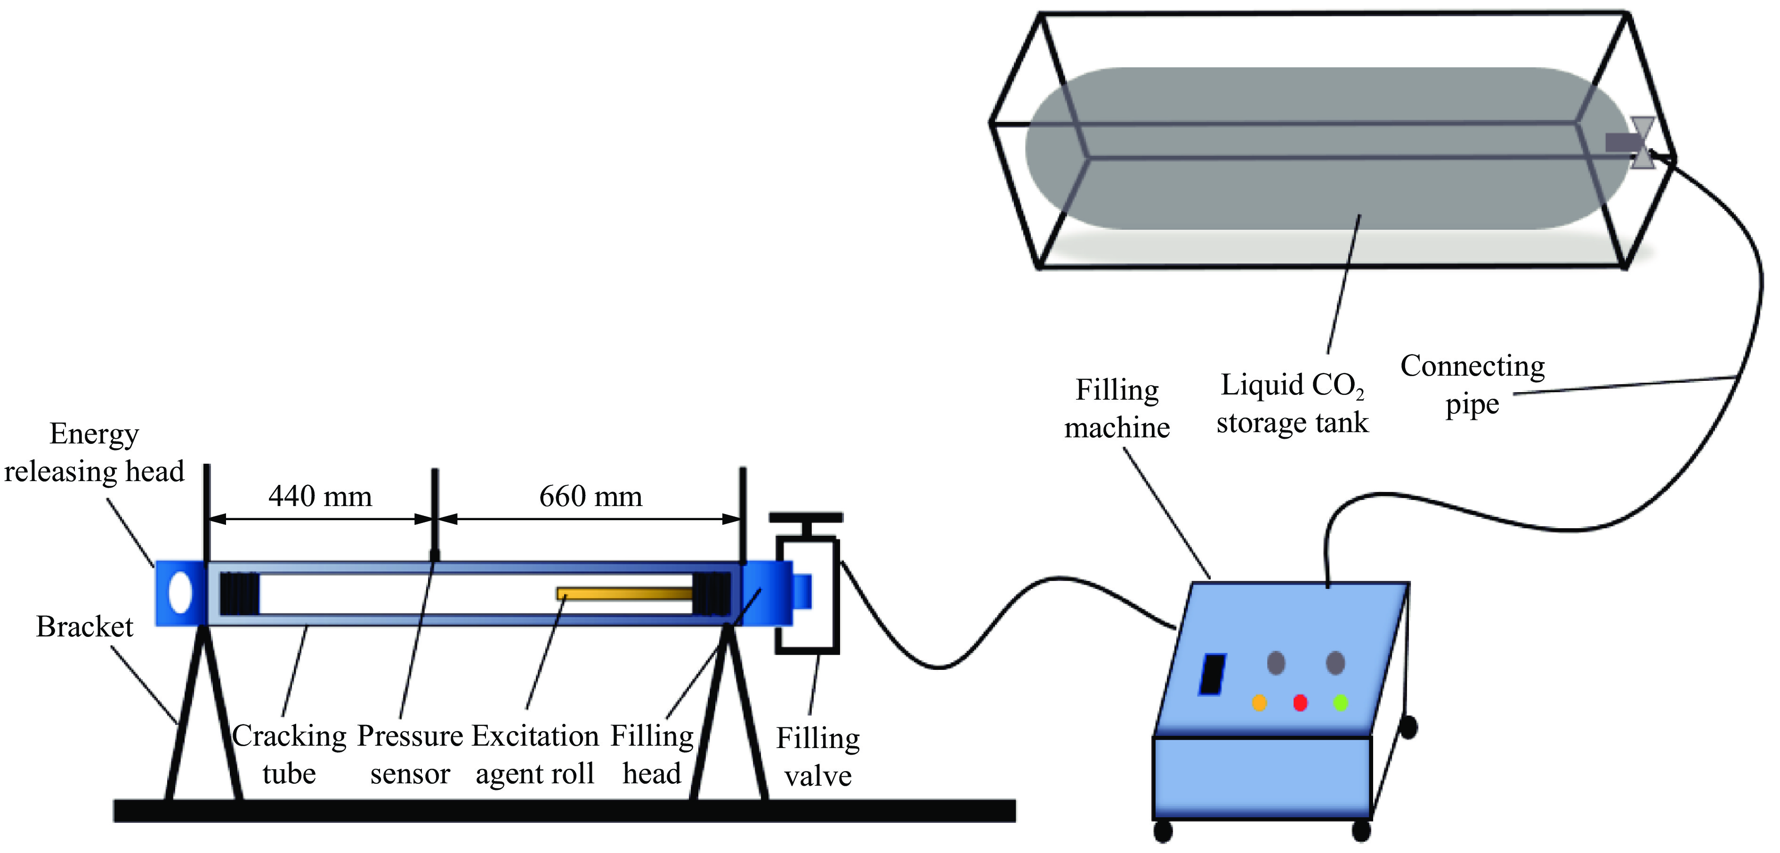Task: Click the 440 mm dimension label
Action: pos(320,496)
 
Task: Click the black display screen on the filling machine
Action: pos(1212,674)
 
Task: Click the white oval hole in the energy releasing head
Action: pos(180,593)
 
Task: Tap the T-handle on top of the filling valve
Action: pos(806,518)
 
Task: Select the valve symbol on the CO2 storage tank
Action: pos(1642,143)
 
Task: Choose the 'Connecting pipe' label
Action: pos(1473,385)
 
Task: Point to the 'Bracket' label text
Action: pos(84,627)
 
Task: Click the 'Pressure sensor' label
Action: pos(410,754)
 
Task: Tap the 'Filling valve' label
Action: pos(817,756)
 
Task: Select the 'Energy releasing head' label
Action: pos(94,452)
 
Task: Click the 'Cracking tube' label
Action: pos(289,754)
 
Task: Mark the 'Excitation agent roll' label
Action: pos(535,754)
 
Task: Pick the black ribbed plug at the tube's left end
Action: pos(240,593)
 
